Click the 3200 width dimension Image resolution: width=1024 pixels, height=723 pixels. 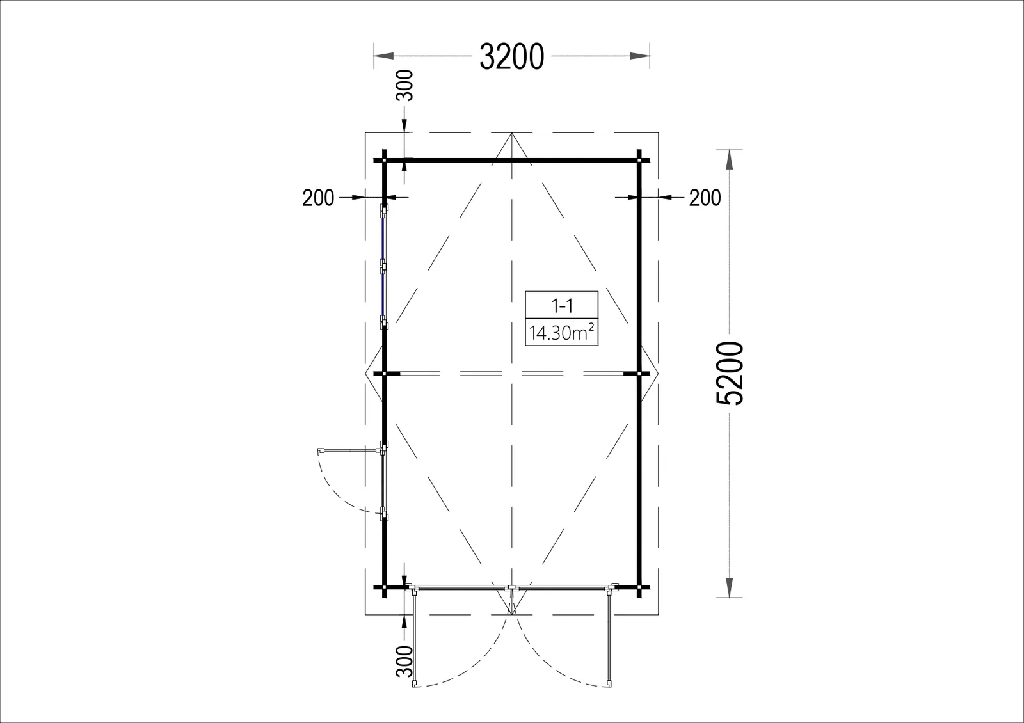pyautogui.click(x=511, y=57)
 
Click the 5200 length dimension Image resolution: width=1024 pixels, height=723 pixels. pyautogui.click(x=730, y=373)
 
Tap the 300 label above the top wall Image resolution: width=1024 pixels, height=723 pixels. pyautogui.click(x=404, y=86)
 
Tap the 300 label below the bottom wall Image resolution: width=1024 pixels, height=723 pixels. pyautogui.click(x=404, y=661)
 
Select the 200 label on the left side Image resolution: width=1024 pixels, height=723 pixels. pyautogui.click(x=318, y=198)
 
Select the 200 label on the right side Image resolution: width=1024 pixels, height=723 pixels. pyautogui.click(x=705, y=198)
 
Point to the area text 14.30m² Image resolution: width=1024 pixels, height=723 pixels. pyautogui.click(x=562, y=332)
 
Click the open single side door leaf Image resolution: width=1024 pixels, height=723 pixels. pyautogui.click(x=349, y=450)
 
